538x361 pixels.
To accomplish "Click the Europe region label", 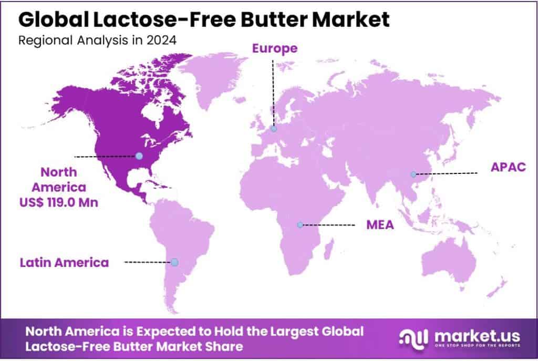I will [x=275, y=49].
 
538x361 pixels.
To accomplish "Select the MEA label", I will [x=380, y=225].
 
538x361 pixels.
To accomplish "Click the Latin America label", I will [x=64, y=262].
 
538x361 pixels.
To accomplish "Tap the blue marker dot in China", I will [x=413, y=174].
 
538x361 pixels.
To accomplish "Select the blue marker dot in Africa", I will [x=299, y=225].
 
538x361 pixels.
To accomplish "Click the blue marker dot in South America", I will [x=174, y=262].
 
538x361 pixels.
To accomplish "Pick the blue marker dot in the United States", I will [x=139, y=156].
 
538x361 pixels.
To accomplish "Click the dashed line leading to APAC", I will [x=447, y=173].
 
